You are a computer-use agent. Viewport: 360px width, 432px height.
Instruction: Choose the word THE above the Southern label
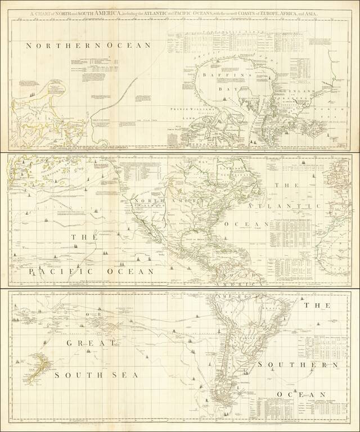(312, 307)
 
